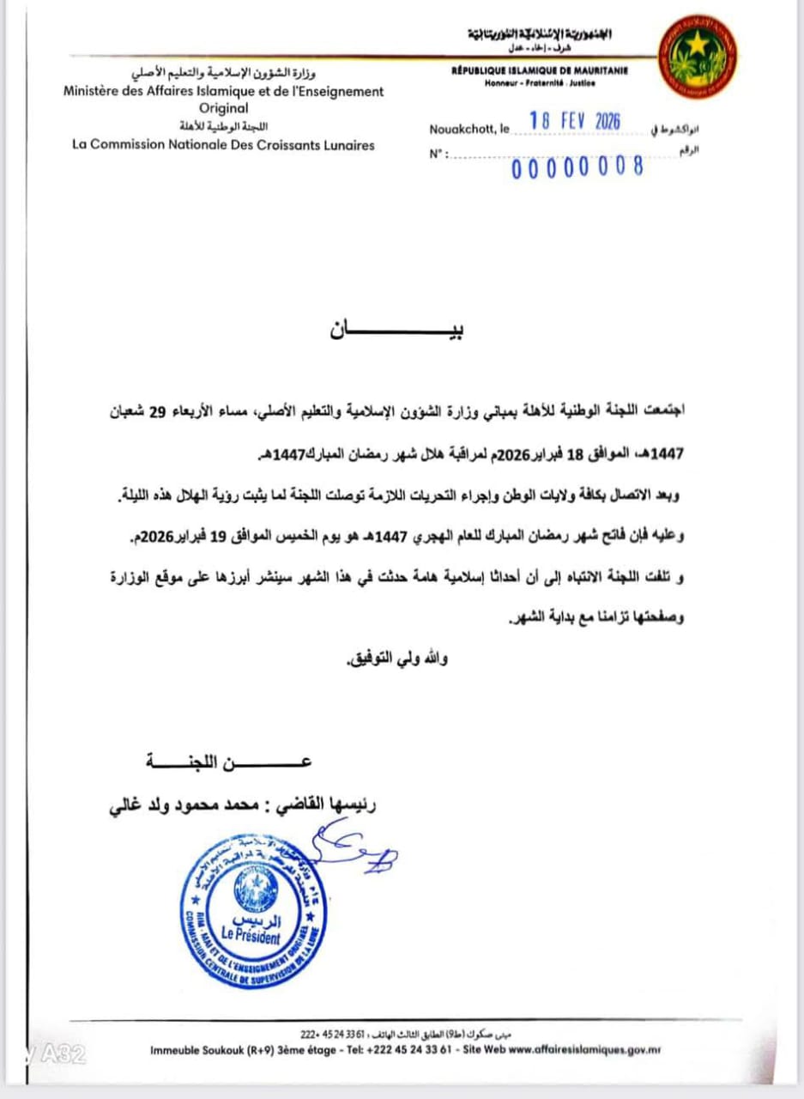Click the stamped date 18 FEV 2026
coord(575,121)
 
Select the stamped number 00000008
coord(577,167)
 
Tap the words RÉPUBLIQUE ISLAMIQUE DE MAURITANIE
coord(540,71)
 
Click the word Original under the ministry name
coord(223,108)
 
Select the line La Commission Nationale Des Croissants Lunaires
coord(223,145)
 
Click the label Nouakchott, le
coord(468,130)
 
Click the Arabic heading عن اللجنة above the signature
coord(227,762)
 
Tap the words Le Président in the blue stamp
coord(250,934)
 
